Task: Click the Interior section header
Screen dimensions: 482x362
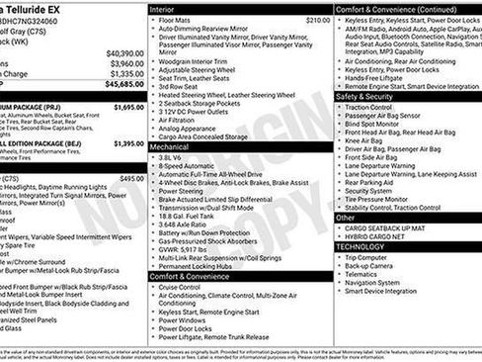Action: pos(165,8)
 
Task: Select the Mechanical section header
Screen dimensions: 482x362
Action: pos(171,145)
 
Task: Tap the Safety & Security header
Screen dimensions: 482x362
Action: pos(365,97)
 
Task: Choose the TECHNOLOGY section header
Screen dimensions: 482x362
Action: pos(361,246)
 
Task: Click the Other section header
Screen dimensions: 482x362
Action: pos(346,217)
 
